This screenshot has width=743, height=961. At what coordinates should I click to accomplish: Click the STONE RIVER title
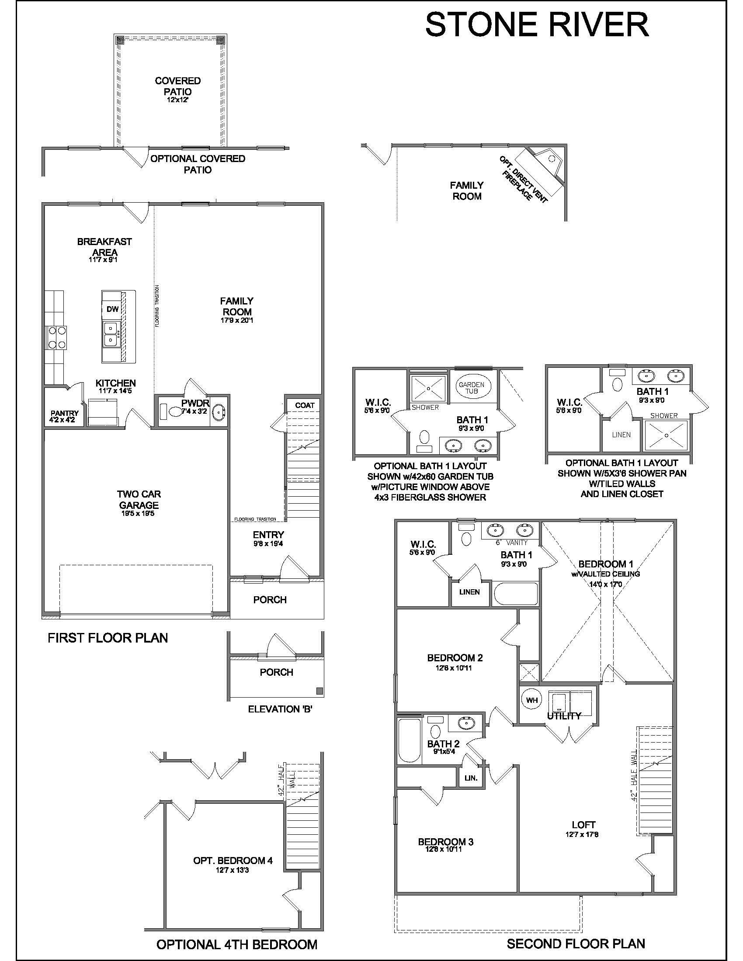[x=537, y=24]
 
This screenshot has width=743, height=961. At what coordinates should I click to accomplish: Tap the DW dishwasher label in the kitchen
[x=113, y=309]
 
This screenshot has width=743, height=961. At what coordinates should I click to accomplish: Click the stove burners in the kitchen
[x=56, y=337]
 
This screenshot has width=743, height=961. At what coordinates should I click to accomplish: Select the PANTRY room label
[x=64, y=413]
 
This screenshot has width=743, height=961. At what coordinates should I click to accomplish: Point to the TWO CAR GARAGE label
[x=139, y=500]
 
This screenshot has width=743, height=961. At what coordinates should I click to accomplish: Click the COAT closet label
[x=305, y=405]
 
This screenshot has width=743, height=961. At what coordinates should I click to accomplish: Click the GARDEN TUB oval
[x=472, y=387]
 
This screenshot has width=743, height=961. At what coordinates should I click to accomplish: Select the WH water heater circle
[x=532, y=700]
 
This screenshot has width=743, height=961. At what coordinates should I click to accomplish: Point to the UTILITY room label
[x=564, y=716]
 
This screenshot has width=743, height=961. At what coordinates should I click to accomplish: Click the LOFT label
[x=583, y=825]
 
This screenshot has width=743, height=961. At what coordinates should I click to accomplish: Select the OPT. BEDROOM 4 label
[x=233, y=860]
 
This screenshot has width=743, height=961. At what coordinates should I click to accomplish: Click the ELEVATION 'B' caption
[x=281, y=709]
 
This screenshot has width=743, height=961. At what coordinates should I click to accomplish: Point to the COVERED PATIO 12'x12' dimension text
[x=178, y=100]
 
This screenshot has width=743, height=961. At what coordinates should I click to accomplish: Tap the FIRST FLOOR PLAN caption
[x=108, y=638]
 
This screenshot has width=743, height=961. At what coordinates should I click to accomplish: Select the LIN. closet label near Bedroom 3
[x=471, y=778]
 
